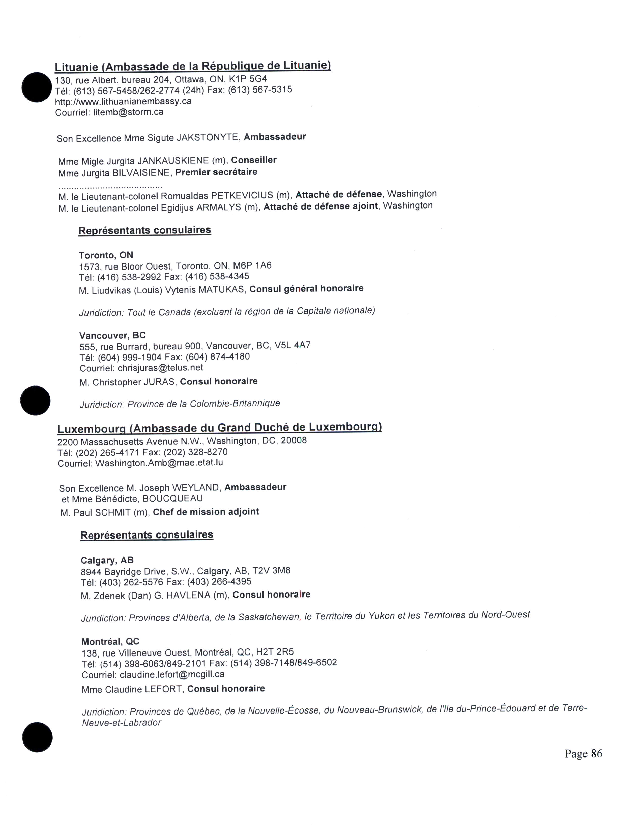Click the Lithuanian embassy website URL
coord(123,101)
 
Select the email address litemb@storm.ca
coord(128,112)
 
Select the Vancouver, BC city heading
coord(112,335)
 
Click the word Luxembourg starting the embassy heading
coord(92,429)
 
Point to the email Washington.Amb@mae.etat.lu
coord(159,463)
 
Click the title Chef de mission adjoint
coord(206,512)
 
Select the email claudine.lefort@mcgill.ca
coord(172,674)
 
